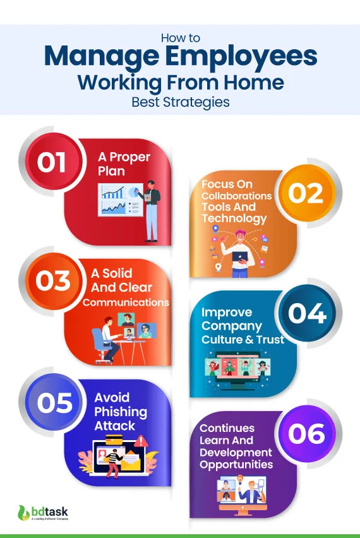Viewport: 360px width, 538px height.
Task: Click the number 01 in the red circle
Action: point(51,163)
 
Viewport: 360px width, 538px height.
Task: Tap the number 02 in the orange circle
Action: point(306,194)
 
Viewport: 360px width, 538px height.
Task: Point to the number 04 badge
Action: point(308,314)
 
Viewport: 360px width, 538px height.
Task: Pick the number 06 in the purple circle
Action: point(306,433)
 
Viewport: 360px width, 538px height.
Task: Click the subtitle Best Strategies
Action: point(179,101)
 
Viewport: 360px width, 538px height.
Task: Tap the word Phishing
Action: point(121,412)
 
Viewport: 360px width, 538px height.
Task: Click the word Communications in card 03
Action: point(126,302)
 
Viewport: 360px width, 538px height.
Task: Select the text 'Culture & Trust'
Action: point(243,340)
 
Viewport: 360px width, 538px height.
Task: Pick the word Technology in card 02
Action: point(234,218)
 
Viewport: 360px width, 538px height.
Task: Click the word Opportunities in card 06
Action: point(236,465)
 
